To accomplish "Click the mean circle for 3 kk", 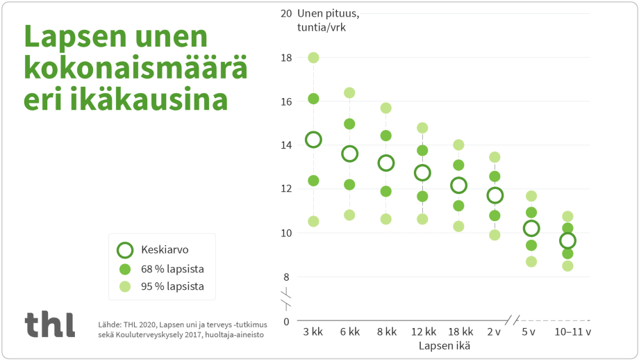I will coord(313,140).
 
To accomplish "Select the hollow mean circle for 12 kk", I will coord(422,172).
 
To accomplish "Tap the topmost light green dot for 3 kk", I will coord(313,58).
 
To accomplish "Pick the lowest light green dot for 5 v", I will coord(531,262).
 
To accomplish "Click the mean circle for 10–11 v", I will coord(567,240).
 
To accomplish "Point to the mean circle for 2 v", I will coord(495,195).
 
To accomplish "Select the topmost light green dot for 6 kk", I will coord(349,93).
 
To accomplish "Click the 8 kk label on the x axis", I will coord(385,332).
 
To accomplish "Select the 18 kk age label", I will coord(458,332).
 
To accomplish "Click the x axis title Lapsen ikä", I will coord(445,346).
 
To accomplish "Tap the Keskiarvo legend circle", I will coord(125,250).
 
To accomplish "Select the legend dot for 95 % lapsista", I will coord(125,286).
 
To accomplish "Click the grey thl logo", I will coord(49,325).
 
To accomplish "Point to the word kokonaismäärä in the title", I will coord(136,67).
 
